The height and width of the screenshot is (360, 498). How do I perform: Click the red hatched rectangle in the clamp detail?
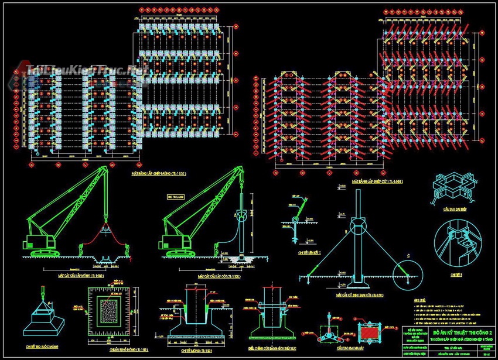point(369,332)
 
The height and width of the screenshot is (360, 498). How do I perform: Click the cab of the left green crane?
point(35,241)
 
